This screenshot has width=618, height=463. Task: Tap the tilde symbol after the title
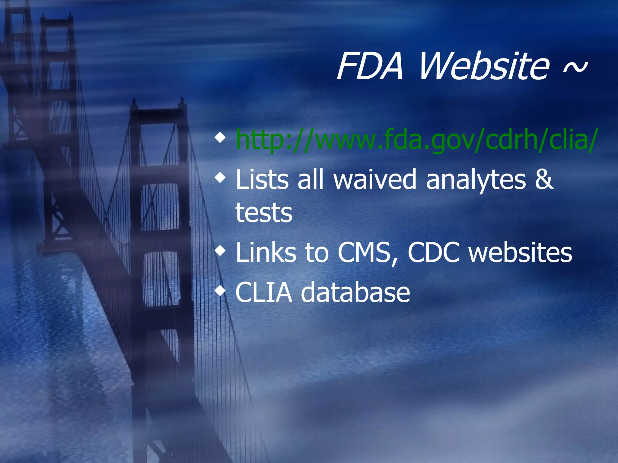pos(575,68)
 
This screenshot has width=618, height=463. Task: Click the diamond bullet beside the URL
pos(220,138)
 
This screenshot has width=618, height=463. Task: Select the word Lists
pos(262,180)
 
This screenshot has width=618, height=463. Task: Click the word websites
pos(520,253)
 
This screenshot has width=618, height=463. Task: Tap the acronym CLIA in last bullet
pos(264,292)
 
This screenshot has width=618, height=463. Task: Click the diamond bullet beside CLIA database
pos(220,291)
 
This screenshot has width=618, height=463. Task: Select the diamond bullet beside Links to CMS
pos(220,251)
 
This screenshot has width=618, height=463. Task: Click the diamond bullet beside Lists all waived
pos(220,178)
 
